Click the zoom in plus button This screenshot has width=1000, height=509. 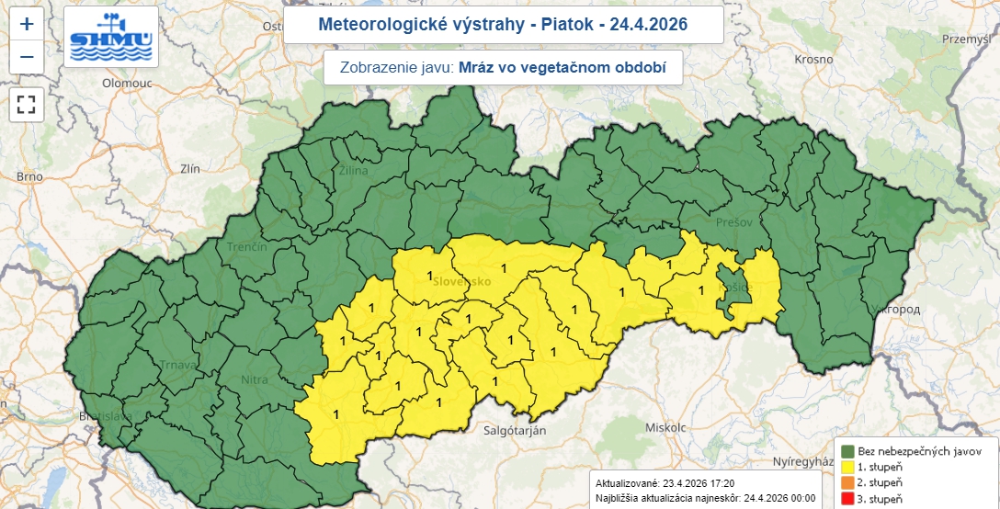tap(27, 24)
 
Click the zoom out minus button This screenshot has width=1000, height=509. tap(27, 57)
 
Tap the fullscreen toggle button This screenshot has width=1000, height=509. tap(27, 104)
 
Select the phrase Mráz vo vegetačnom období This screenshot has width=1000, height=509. tap(561, 67)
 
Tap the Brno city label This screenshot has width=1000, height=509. tap(29, 176)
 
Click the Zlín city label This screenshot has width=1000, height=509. tap(191, 169)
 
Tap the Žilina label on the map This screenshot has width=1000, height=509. tap(354, 171)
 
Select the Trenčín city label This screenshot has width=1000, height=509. tap(249, 247)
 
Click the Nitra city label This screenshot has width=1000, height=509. tap(254, 379)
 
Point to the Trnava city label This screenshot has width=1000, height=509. tap(178, 364)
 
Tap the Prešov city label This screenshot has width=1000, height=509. tap(735, 223)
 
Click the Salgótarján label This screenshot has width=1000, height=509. tap(516, 429)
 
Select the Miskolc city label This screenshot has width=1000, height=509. tap(665, 428)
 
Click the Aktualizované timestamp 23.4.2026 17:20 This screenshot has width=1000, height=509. tap(698, 482)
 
